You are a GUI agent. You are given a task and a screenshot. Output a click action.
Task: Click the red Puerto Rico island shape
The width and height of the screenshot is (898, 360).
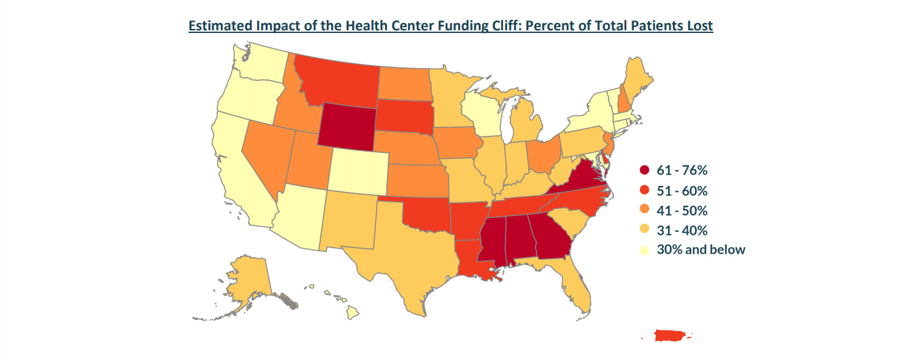coord(671,336)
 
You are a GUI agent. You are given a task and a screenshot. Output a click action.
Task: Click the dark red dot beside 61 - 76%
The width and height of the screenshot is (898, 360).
coord(645,171)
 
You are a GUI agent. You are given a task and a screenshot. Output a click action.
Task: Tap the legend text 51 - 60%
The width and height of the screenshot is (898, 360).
coord(682,191)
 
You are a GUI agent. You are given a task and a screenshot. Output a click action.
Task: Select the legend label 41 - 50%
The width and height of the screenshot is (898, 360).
coord(682,210)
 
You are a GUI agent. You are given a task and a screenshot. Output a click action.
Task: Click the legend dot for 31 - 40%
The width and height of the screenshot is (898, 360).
coord(645,230)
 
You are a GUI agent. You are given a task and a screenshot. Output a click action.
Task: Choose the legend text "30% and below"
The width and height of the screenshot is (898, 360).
coord(701,250)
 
